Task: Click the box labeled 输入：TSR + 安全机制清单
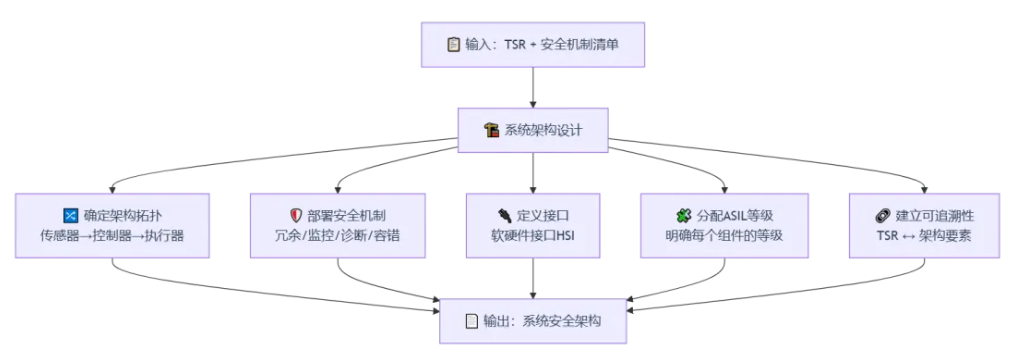[533, 44]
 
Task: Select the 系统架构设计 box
[533, 130]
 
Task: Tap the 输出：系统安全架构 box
[533, 321]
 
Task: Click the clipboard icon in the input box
[454, 44]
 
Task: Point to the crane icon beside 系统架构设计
[491, 130]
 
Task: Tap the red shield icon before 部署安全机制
[296, 215]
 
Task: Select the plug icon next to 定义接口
[504, 215]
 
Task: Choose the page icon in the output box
[471, 321]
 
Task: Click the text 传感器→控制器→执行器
[112, 236]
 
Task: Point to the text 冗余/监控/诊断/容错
[338, 236]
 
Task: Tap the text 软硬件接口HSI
[533, 236]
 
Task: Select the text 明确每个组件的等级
[724, 236]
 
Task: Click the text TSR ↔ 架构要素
[924, 236]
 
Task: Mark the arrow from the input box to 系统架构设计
[533, 87]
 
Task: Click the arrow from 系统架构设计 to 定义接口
[533, 173]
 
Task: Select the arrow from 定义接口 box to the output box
[533, 278]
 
